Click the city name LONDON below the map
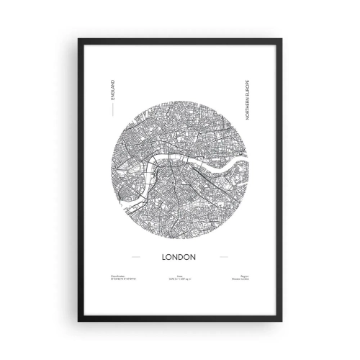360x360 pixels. coord(180,256)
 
